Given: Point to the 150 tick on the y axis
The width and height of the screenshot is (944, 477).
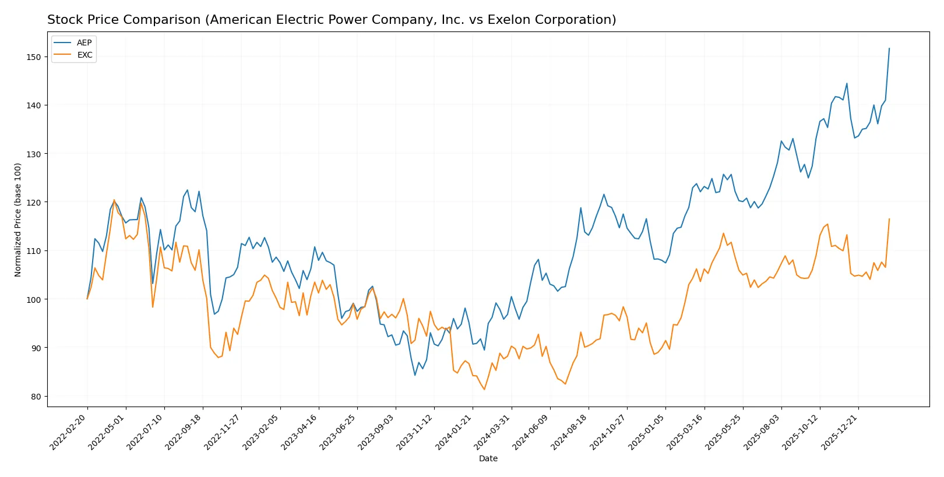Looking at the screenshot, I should pyautogui.click(x=34, y=57).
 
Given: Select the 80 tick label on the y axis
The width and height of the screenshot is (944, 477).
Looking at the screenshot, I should pyautogui.click(x=36, y=397).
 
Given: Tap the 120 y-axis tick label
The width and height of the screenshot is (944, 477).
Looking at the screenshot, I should pyautogui.click(x=34, y=203).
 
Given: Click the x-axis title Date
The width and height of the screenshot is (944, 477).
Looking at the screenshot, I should pyautogui.click(x=488, y=458).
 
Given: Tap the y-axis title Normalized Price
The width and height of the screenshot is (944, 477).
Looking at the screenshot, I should pyautogui.click(x=18, y=220).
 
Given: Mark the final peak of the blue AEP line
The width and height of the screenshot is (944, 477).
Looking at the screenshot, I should pyautogui.click(x=889, y=48).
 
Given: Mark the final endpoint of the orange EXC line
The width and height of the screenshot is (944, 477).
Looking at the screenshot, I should pyautogui.click(x=889, y=219).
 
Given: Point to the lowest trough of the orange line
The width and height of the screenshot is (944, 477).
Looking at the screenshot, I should pyautogui.click(x=484, y=389).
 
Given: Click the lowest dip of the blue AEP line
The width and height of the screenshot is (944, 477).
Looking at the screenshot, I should pyautogui.click(x=415, y=375).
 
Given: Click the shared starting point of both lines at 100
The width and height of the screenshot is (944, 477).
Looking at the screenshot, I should pyautogui.click(x=87, y=299).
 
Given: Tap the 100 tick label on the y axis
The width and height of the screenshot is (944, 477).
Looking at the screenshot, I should pyautogui.click(x=34, y=299).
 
